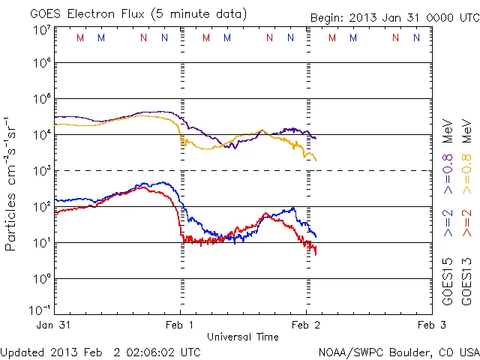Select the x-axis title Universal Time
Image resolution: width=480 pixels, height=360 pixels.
pos(243,337)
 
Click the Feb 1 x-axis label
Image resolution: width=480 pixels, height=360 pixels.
pos(181,325)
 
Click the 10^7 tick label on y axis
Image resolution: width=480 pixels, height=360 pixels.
pos(42,31)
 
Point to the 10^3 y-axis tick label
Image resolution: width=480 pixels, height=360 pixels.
pos(42,171)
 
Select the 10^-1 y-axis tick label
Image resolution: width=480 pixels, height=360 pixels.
pos(40,310)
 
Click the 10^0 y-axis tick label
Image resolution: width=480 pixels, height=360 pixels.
pos(42,279)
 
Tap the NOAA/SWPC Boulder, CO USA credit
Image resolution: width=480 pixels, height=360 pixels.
pos(398,352)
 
